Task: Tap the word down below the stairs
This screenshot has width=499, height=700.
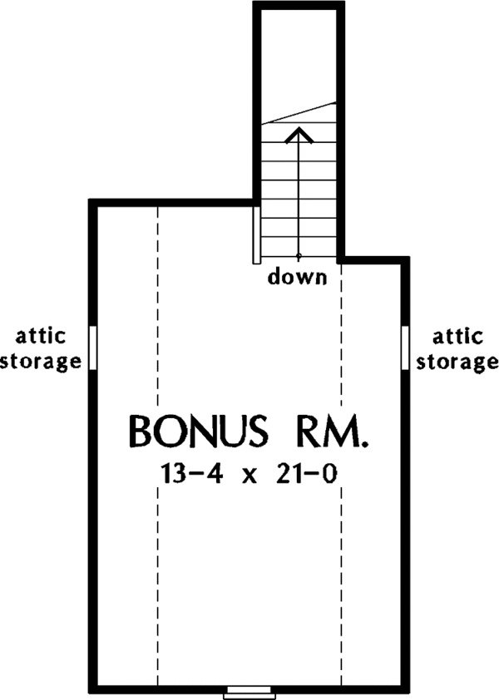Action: [297, 277]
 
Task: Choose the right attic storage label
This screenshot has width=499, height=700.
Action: [457, 349]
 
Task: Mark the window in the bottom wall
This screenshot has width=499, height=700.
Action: [250, 690]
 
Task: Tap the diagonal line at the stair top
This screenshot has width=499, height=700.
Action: [299, 113]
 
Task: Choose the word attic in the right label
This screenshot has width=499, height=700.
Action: [457, 337]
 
